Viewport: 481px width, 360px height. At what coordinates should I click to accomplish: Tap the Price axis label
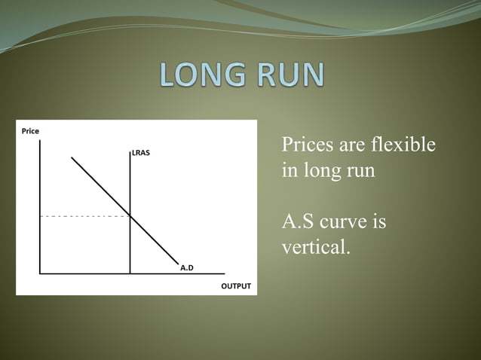click(x=30, y=131)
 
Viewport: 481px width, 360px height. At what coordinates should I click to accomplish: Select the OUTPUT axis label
click(x=235, y=286)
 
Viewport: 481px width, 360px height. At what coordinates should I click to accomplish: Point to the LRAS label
click(x=141, y=153)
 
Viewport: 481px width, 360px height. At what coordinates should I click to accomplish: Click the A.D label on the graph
click(x=186, y=267)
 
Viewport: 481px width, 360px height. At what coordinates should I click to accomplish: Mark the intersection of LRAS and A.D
click(x=130, y=216)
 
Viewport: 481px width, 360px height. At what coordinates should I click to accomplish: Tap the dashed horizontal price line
click(x=83, y=216)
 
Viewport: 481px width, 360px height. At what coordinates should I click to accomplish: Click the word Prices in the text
click(x=305, y=145)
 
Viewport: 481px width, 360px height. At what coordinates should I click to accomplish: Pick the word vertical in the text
click(x=314, y=247)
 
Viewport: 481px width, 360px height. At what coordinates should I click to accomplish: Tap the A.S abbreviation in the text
click(x=299, y=222)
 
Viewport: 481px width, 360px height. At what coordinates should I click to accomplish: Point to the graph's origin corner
click(x=39, y=273)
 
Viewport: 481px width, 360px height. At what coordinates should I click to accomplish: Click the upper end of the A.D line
click(x=72, y=157)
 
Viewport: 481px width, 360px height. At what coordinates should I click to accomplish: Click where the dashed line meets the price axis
click(x=39, y=216)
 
